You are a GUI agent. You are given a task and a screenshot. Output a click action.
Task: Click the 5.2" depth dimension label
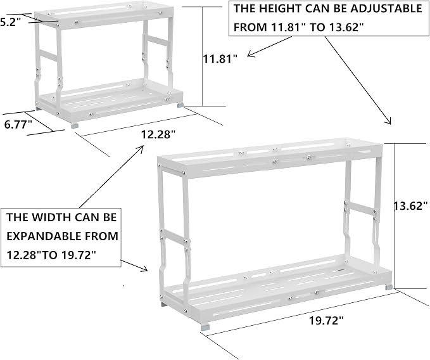tap(10, 23)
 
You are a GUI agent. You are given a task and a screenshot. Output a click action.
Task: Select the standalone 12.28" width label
tap(158, 135)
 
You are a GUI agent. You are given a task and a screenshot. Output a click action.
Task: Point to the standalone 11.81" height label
tap(220, 59)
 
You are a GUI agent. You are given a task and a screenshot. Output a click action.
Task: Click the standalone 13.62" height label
tap(411, 205)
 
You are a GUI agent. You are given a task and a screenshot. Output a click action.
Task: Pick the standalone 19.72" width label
tap(326, 320)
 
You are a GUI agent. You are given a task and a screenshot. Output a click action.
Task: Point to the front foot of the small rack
tap(75, 125)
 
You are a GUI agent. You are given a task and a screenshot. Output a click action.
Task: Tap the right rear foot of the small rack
tap(180, 105)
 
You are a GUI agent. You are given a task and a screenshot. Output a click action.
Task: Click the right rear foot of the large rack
tap(389, 288)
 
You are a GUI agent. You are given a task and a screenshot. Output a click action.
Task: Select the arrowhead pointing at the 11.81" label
tap(250, 55)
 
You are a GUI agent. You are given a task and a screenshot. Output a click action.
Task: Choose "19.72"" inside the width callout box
tap(79, 255)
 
